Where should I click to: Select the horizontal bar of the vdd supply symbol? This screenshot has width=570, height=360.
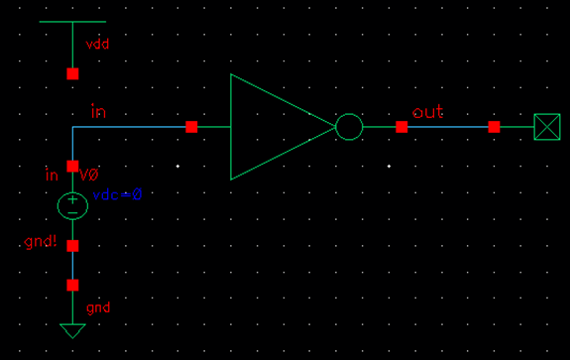click(x=72, y=21)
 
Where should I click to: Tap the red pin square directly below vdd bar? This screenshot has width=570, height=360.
click(x=72, y=74)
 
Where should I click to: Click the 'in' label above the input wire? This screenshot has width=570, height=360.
click(x=98, y=111)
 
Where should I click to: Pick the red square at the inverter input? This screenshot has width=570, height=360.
click(x=191, y=127)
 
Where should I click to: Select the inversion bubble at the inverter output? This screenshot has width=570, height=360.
click(x=349, y=127)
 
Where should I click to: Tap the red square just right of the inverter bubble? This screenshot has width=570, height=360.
click(x=401, y=127)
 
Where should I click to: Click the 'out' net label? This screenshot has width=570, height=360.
click(x=428, y=112)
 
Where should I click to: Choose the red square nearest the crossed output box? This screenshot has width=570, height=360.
click(x=494, y=127)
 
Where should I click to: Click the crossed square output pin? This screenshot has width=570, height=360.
click(x=546, y=127)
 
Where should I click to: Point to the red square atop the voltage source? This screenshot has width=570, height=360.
click(x=72, y=166)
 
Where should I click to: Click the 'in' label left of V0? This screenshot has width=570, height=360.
click(x=53, y=176)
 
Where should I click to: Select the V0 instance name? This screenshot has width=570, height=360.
click(x=89, y=176)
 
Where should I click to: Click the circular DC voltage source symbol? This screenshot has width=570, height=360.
click(x=72, y=206)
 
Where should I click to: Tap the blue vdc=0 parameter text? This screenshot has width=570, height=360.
click(x=118, y=195)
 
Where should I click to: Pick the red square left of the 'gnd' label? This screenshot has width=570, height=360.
click(x=72, y=286)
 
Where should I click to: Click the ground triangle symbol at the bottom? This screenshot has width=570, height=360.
click(x=72, y=331)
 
